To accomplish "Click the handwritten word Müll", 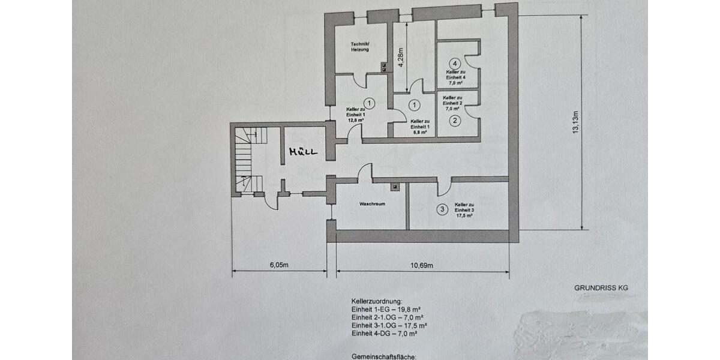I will [302, 151].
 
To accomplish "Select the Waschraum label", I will [372, 204].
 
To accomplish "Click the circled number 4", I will [455, 63].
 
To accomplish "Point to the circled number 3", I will [442, 209].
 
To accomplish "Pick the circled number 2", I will [455, 121].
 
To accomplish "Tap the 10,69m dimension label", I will [423, 265].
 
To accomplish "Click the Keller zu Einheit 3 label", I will [464, 207].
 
